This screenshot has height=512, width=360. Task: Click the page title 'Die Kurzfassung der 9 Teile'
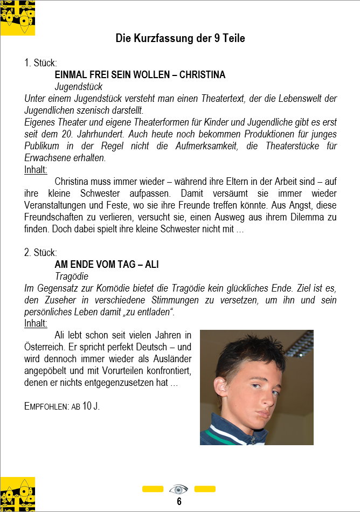tap(180, 38)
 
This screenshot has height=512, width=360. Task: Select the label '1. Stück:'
tap(40, 63)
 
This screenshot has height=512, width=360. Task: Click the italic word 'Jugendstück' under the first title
tap(79, 86)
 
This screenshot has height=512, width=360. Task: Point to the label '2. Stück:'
tap(40, 253)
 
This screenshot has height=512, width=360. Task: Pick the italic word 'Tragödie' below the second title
tap(72, 276)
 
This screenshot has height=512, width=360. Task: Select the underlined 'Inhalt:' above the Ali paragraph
tap(36, 323)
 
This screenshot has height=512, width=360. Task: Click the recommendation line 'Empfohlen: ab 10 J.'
tap(62, 406)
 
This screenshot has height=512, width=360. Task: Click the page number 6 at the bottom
tap(179, 502)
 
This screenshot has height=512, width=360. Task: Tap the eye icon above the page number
tap(178, 489)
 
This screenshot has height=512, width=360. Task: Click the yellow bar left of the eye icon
tap(153, 489)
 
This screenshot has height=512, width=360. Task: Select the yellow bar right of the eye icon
tap(205, 489)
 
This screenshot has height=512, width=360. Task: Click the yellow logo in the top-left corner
tap(17, 18)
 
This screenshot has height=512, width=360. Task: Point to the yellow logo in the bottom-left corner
tap(17, 494)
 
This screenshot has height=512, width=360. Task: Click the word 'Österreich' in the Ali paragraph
tap(45, 347)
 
